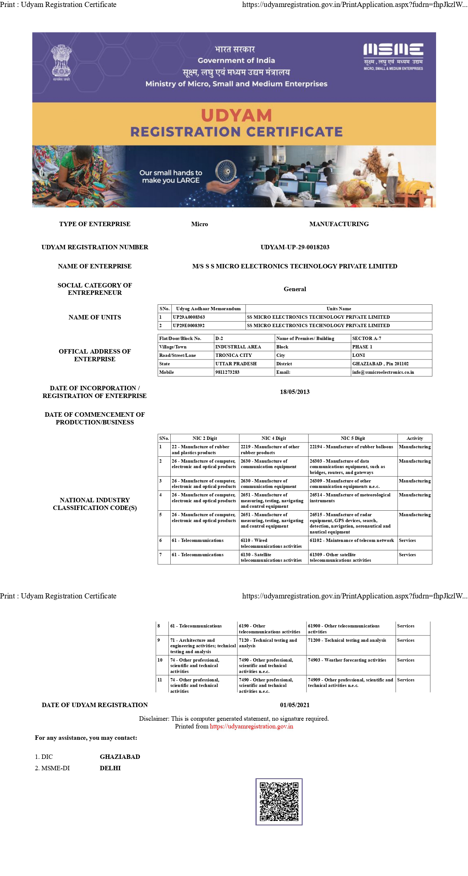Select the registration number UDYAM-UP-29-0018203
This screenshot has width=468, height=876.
coord(295,247)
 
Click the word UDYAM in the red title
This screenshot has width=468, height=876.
coord(236,116)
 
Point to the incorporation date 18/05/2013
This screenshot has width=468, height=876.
coord(295,392)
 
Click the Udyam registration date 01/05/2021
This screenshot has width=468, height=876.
coord(295,705)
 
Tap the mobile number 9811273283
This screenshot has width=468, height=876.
coord(228,372)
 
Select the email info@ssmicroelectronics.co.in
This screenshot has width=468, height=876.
coord(383,372)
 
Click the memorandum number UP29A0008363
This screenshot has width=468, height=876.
coord(189,317)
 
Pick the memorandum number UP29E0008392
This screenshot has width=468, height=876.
coord(189,325)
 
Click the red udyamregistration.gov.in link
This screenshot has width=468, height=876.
coord(251,726)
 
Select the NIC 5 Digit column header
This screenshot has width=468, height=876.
coord(353,438)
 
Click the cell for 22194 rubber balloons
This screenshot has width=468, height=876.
coord(351,447)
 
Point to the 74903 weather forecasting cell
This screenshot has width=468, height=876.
coord(347,660)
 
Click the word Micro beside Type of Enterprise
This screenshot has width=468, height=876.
coord(199,224)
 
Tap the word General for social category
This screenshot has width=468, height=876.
coord(295,289)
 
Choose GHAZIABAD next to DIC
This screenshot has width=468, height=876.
coord(120,757)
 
